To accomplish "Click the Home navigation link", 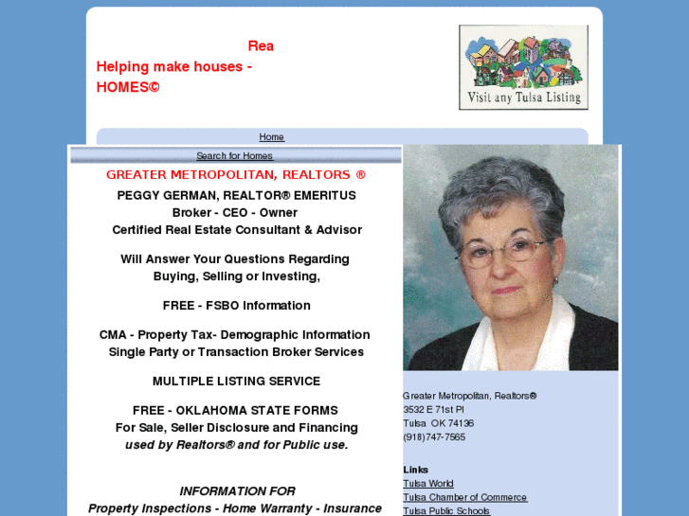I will click(271, 137).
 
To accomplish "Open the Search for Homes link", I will click(234, 156).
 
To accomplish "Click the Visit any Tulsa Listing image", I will click(523, 67).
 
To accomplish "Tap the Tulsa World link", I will click(428, 484).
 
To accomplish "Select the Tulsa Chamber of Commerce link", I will click(464, 498).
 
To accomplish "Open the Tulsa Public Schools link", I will click(446, 511).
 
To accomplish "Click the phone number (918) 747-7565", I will click(434, 437).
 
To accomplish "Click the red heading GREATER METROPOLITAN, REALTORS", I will click(235, 175).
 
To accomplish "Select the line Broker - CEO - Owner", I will click(235, 213).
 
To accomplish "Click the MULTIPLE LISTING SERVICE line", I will click(236, 382).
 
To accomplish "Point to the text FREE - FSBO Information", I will click(236, 306).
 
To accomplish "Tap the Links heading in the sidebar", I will click(415, 470).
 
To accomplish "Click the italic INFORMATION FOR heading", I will click(237, 491).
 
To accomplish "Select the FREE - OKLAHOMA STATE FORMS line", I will click(235, 411).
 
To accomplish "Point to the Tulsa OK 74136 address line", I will click(438, 424).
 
